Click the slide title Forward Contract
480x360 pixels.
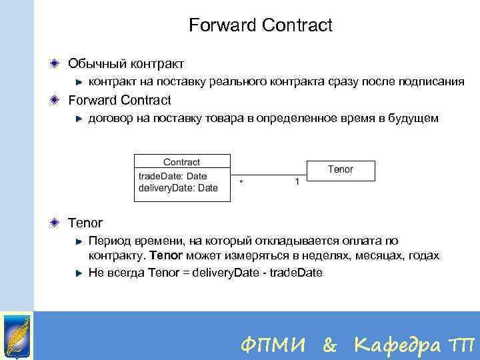pyautogui.click(x=260, y=26)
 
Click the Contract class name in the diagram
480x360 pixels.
pyautogui.click(x=181, y=162)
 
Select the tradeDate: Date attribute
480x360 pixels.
pyautogui.click(x=173, y=176)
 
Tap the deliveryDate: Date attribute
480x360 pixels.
pyautogui.click(x=178, y=188)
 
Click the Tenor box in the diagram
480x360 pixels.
pyautogui.click(x=340, y=170)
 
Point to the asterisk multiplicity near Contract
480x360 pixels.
pyautogui.click(x=240, y=181)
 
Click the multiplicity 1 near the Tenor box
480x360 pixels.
pyautogui.click(x=297, y=181)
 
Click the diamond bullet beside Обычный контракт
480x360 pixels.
pyautogui.click(x=56, y=63)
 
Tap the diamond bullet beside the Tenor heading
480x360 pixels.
pyautogui.click(x=56, y=222)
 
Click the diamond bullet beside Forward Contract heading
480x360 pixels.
pyautogui.click(x=56, y=100)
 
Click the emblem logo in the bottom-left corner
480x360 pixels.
pyautogui.click(x=17, y=335)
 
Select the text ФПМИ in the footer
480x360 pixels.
pyautogui.click(x=274, y=345)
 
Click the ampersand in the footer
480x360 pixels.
pyautogui.click(x=329, y=345)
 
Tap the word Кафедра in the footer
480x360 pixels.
pyautogui.click(x=397, y=345)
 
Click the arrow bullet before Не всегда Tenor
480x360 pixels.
pyautogui.click(x=79, y=272)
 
